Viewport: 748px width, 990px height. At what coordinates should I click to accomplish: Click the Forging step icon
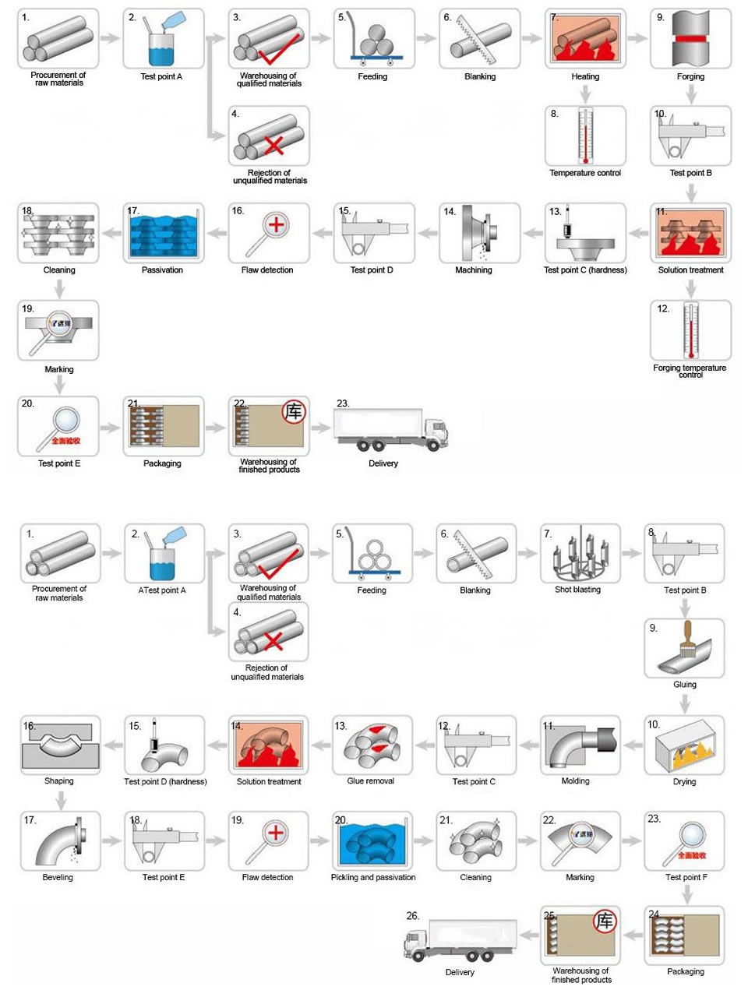(690, 39)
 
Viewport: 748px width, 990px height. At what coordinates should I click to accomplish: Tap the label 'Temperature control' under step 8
(585, 173)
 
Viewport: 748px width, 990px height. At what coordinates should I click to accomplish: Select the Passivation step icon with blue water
(163, 232)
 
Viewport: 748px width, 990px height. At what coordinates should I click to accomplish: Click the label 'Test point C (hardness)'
(585, 270)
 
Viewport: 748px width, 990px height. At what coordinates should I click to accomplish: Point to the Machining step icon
(479, 232)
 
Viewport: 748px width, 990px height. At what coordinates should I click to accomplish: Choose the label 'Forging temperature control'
(690, 371)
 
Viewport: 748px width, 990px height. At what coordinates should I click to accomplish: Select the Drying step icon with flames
(683, 745)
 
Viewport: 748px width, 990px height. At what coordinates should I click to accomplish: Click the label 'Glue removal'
(371, 780)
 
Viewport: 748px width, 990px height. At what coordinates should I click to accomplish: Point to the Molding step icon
(580, 745)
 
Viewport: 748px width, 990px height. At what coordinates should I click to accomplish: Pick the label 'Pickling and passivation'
(373, 877)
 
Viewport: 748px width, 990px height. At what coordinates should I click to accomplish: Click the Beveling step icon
(60, 841)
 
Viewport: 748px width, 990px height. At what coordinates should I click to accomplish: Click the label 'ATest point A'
(162, 590)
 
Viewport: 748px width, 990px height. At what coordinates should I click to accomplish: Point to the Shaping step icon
(60, 745)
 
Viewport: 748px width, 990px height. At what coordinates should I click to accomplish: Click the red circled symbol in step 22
(293, 412)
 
